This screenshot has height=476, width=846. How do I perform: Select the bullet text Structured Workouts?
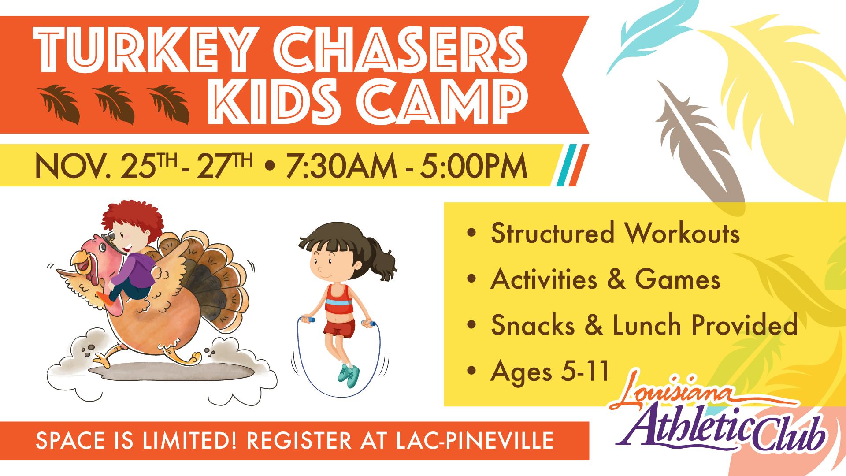[615, 234]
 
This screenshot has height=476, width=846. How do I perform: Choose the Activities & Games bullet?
[605, 279]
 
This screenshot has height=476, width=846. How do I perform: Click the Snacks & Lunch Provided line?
[644, 325]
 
